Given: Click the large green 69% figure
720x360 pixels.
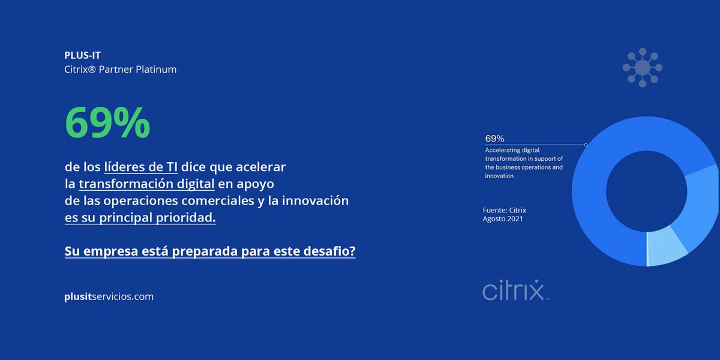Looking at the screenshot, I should tap(107, 123).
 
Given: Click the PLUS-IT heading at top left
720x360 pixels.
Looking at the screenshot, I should tap(82, 55).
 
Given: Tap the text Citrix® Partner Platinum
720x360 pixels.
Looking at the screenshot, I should tap(120, 70).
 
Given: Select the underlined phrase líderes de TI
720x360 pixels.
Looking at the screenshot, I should tap(141, 166).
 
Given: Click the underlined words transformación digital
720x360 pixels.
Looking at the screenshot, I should tap(146, 183).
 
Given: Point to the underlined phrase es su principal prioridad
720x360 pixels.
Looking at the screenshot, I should tap(140, 218).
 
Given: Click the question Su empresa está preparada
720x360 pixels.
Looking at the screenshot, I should tap(210, 252).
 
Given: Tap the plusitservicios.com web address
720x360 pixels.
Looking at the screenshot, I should tap(109, 296).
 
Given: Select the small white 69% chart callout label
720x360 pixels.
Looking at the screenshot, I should tap(494, 139).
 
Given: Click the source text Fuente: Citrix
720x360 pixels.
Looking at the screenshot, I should tap(504, 210).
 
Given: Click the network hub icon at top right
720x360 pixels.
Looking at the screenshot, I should tap(642, 67).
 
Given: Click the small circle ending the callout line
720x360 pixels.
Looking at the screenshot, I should tap(586, 145).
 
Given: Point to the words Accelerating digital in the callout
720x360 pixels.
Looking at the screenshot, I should tap(513, 149).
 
